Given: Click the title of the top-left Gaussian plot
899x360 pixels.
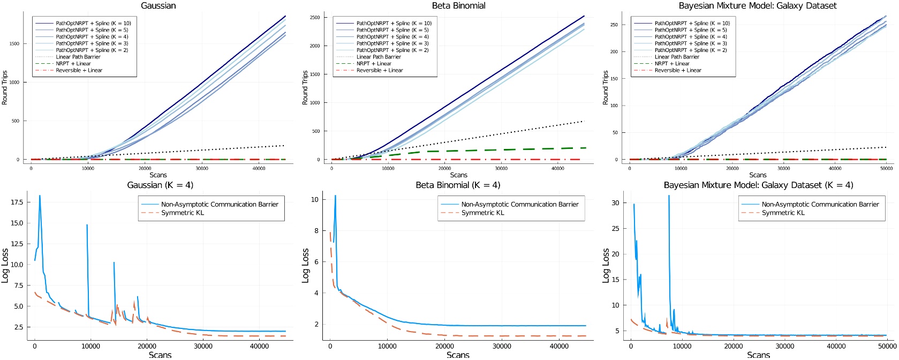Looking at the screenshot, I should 158,6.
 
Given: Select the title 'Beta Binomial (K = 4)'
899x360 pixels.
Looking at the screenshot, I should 458,185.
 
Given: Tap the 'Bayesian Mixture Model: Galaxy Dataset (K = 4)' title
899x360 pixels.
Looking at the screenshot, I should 758,185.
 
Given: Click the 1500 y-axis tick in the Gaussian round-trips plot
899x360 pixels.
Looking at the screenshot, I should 14,44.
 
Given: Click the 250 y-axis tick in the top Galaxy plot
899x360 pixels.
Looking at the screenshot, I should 614,25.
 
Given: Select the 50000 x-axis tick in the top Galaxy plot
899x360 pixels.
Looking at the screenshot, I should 886,168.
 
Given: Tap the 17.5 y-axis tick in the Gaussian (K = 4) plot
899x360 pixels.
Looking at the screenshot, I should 17,202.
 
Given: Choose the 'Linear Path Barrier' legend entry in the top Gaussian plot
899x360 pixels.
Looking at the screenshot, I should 78,57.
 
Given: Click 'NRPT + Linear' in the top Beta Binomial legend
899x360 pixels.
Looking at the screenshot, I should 374,64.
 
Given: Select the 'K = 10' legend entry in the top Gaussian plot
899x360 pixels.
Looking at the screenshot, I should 93,24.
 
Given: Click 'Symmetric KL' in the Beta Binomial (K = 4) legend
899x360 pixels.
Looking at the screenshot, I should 482,213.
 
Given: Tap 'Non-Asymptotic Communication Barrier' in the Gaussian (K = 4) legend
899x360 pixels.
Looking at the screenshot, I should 220,204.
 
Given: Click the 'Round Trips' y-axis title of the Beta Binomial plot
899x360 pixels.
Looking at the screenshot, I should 305,87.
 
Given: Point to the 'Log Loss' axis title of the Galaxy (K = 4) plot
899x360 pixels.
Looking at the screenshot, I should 606,265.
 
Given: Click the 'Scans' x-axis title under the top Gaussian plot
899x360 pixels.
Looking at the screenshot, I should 158,175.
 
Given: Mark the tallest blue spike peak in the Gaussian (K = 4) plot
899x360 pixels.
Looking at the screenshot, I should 40,196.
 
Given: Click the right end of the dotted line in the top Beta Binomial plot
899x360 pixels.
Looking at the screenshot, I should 582,122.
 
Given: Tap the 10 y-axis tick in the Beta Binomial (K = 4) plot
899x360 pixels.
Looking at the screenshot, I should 315,199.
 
